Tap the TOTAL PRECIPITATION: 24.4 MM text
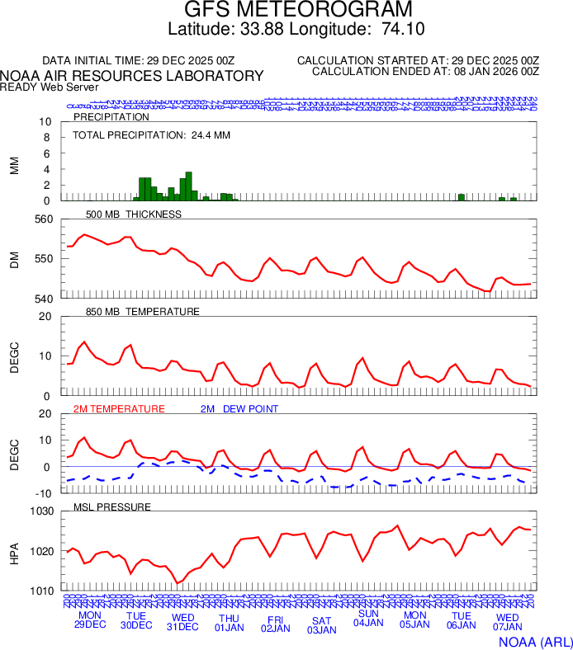point(138,134)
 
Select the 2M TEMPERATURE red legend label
point(119,409)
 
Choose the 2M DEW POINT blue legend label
point(239,409)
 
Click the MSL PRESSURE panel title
point(112,506)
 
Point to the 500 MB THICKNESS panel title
point(134,214)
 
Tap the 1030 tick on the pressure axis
point(42,511)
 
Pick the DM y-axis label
point(14,259)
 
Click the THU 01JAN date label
point(230,621)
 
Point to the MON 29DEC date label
point(91,619)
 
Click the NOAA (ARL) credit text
point(534,641)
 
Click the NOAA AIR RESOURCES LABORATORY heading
point(132,76)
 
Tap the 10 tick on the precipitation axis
point(46,122)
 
